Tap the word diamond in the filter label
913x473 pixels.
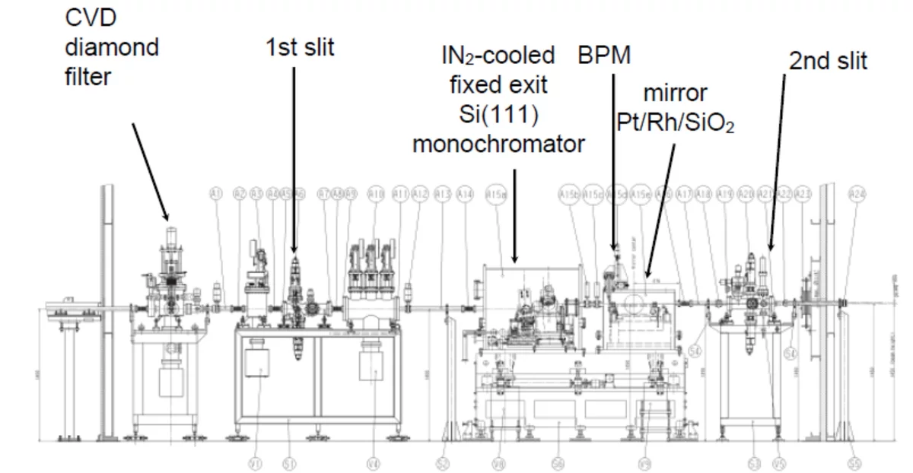pos(112,47)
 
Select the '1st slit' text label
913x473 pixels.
pos(299,47)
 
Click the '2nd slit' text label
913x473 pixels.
pos(827,61)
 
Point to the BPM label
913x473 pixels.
pos(604,56)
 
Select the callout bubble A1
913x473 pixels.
pos(216,194)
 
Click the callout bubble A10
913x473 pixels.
pos(376,194)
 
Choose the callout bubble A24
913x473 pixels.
pos(857,194)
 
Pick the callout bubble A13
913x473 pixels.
pos(443,194)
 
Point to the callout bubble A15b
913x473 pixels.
pos(569,194)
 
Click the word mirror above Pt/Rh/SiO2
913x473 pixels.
pos(675,94)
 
